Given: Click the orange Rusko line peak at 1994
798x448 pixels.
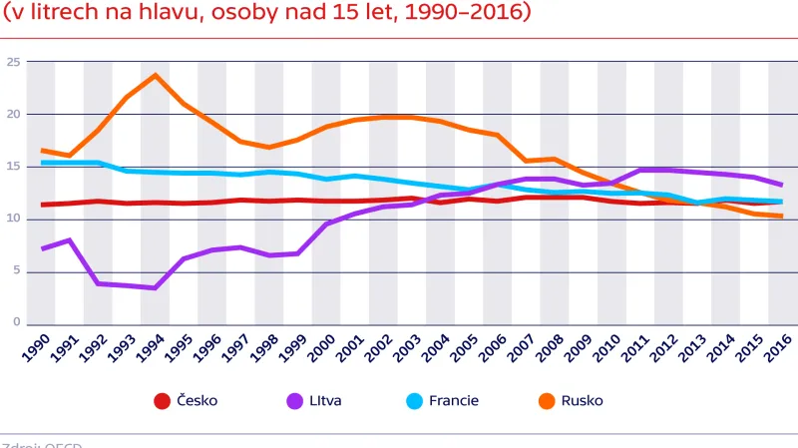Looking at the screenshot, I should pos(156,75).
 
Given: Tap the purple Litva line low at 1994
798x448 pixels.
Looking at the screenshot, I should pos(156,288).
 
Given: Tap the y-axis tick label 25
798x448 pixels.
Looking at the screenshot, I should pos(13,62).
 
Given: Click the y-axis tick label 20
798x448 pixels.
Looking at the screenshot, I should pos(13,114).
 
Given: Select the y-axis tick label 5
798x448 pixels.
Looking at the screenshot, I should pos(16,271).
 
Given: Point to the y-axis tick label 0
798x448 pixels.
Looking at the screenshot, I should pos(16,323).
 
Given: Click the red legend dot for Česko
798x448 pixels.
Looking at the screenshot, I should pos(162,401).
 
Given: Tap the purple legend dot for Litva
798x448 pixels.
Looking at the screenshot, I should pos(295,401).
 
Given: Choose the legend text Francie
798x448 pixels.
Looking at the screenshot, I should pos(454,401).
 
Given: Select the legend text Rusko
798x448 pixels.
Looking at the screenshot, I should pos(583,401).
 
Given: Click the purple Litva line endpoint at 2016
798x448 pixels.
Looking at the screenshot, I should pos(781,185).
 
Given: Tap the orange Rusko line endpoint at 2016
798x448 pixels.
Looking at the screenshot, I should pos(781,217).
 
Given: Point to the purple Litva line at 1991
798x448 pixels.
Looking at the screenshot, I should pos(69,239).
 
